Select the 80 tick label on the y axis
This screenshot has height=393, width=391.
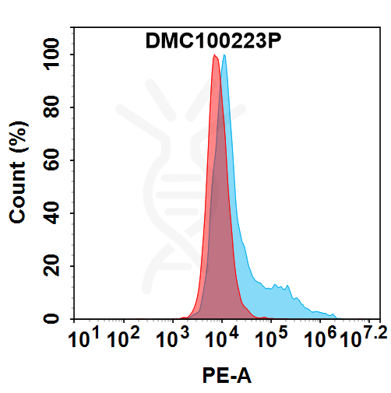click(x=54, y=108)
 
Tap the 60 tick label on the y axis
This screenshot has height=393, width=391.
click(x=54, y=161)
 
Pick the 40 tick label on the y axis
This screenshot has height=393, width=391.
click(x=54, y=214)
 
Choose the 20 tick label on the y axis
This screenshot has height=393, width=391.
click(x=54, y=267)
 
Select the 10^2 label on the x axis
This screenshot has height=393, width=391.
click(x=122, y=340)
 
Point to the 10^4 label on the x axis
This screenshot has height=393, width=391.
click(x=221, y=340)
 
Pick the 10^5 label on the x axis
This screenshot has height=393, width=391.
click(x=271, y=340)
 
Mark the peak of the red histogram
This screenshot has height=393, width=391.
click(x=215, y=56)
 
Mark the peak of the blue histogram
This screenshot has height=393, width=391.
click(x=224, y=56)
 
